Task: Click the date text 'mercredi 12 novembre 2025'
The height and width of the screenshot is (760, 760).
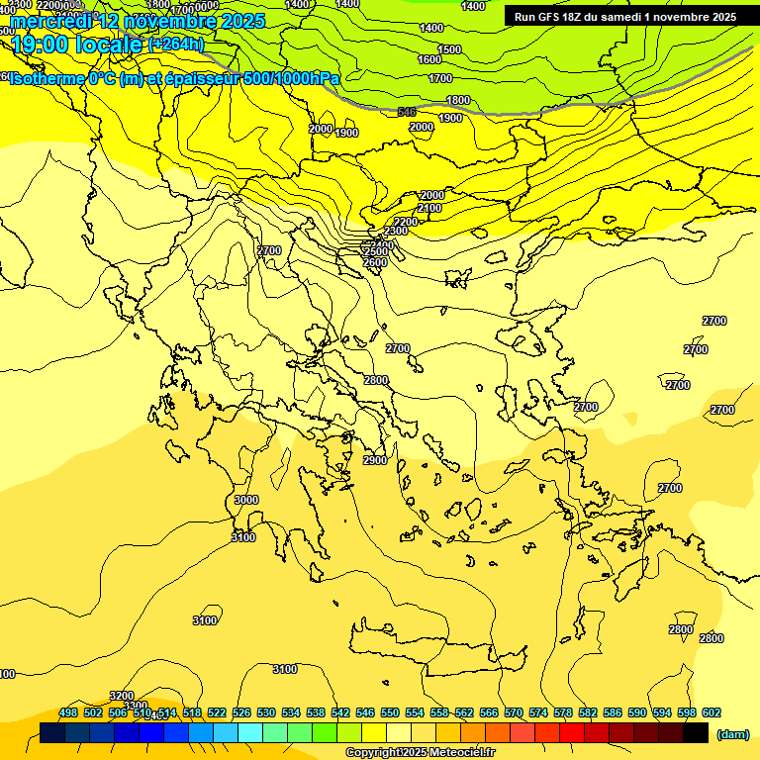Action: (138, 21)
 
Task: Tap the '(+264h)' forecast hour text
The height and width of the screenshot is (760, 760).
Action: (175, 45)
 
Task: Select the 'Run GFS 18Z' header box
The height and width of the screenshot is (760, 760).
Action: (624, 17)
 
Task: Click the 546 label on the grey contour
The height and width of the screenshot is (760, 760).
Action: (407, 112)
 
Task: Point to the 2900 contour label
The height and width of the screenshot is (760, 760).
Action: (375, 460)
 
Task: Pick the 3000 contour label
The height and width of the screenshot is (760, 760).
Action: (245, 500)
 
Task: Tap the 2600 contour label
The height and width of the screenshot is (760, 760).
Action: (375, 262)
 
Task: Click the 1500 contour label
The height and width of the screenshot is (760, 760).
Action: (449, 49)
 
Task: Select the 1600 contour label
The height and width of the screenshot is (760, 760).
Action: (429, 59)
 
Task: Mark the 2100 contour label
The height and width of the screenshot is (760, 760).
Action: (429, 209)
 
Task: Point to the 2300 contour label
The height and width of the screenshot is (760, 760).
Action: (395, 231)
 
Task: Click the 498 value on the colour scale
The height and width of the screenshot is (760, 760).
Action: (68, 712)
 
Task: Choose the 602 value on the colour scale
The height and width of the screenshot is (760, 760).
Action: (712, 712)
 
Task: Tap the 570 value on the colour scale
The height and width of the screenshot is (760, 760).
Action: (514, 712)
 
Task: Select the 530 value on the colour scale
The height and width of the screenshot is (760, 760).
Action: (266, 712)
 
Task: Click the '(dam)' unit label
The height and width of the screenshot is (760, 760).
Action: (732, 733)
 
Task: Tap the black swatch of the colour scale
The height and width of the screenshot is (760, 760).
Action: (696, 732)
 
